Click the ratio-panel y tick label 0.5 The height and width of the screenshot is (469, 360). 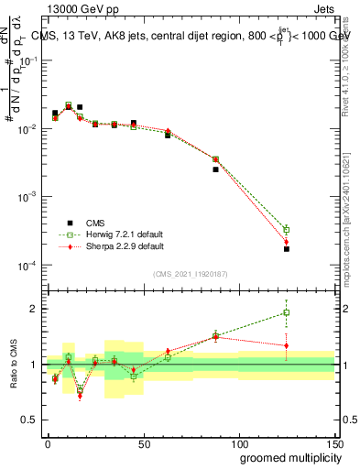click(31, 420)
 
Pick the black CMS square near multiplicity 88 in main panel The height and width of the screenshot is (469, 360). click(216, 169)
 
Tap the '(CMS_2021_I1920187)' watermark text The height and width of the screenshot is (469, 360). click(191, 273)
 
